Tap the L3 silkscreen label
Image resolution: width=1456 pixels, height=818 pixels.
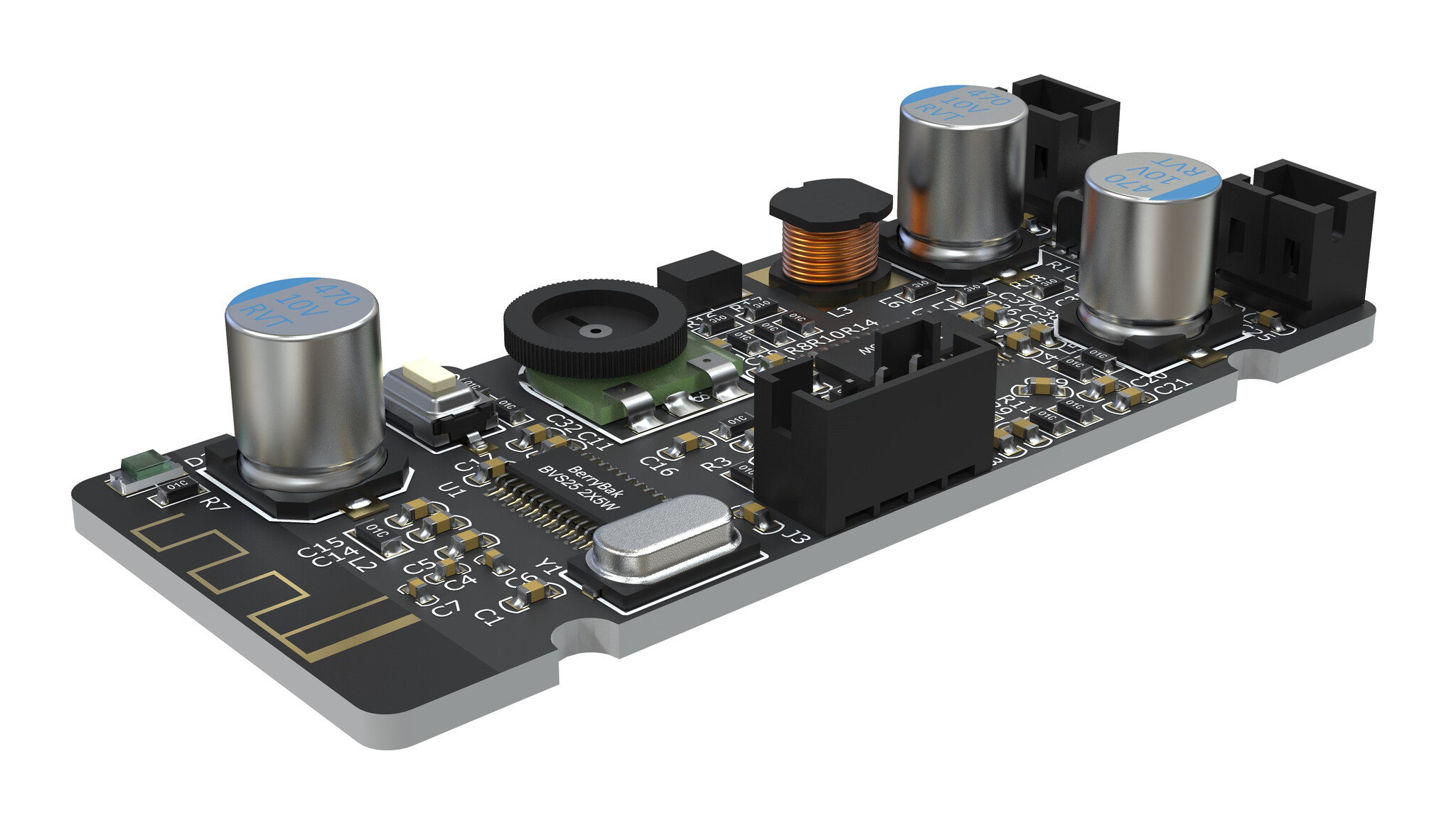841,311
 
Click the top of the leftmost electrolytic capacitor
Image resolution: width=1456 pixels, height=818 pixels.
302,306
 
